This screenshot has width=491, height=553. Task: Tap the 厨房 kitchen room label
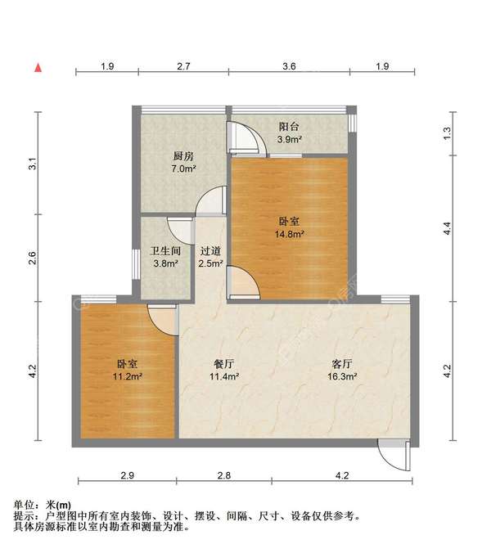(x=183, y=156)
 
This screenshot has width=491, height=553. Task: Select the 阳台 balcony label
(x=289, y=128)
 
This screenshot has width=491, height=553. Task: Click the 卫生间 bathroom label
(x=164, y=252)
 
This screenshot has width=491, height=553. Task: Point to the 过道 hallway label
(x=211, y=252)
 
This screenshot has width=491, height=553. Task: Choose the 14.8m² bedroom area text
(x=289, y=234)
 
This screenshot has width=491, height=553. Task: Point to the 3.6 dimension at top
(x=288, y=66)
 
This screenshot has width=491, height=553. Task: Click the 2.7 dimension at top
(x=183, y=66)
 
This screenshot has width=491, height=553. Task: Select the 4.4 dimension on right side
(x=447, y=230)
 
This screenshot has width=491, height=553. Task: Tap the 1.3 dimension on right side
(x=447, y=132)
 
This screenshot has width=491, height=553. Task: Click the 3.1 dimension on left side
(x=33, y=163)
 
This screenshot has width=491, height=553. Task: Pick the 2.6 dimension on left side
(x=33, y=259)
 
